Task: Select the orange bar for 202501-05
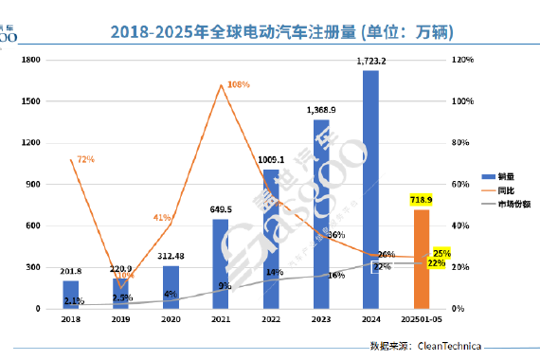(x=422, y=259)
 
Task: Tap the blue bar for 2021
(x=220, y=263)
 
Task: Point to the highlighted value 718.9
(x=421, y=200)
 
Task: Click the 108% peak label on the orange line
(x=239, y=85)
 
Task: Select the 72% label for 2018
(x=85, y=159)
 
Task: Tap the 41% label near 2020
(x=161, y=218)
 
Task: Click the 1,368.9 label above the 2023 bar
(x=320, y=110)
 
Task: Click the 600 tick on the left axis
(x=32, y=225)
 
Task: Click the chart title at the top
(x=282, y=32)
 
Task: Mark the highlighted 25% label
(x=440, y=253)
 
